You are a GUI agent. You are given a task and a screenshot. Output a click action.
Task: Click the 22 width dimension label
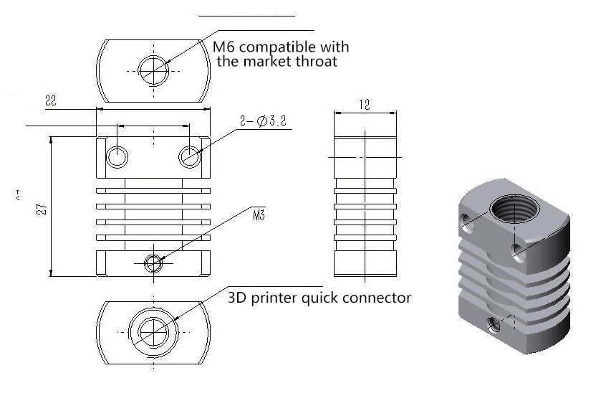coord(50,101)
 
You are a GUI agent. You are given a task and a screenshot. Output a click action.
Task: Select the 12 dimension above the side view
coord(364,105)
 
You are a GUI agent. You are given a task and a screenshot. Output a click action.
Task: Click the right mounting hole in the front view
coord(191,155)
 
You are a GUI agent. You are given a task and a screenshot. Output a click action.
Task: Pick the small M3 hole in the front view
coord(154,263)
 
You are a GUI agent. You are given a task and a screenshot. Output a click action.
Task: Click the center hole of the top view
coord(154,69)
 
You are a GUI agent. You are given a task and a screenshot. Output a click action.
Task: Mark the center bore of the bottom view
coord(154,332)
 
